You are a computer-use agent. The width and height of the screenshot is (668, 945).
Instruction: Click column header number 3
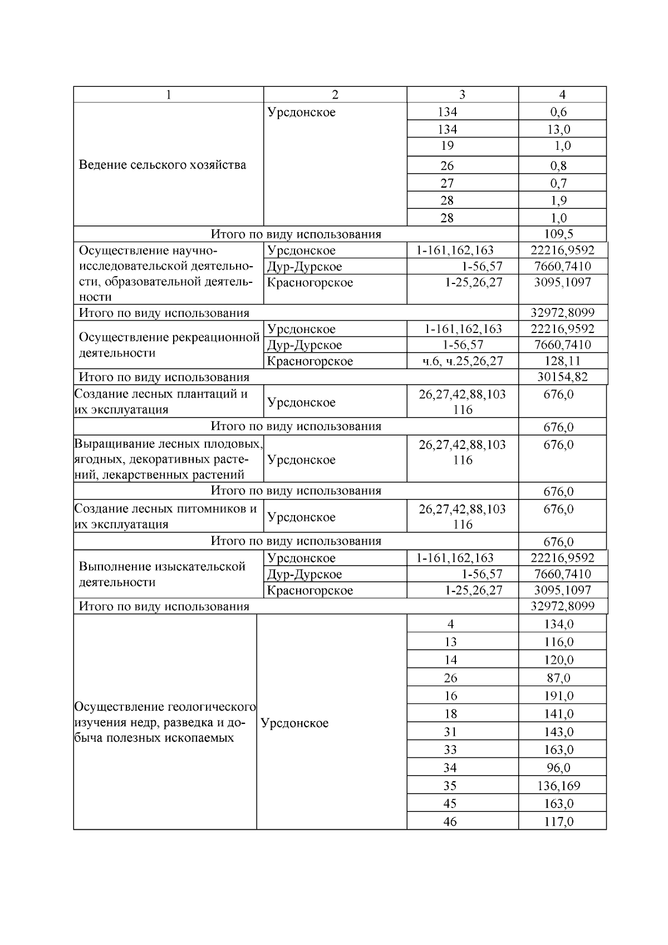click(462, 95)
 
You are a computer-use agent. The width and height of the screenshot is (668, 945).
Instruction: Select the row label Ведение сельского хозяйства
click(162, 165)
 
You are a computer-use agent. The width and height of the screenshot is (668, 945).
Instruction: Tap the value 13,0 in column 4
click(559, 129)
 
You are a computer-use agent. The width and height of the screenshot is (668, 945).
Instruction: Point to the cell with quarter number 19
click(447, 146)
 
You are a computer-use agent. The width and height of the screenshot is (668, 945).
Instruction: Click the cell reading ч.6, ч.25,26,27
click(463, 361)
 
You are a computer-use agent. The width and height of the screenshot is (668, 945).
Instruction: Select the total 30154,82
click(562, 377)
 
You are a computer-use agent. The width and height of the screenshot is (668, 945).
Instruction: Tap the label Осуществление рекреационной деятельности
click(169, 345)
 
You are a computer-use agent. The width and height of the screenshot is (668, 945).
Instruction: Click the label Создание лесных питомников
click(165, 516)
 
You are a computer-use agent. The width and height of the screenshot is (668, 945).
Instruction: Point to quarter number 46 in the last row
click(450, 821)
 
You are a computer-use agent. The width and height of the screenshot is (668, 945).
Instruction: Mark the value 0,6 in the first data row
click(559, 112)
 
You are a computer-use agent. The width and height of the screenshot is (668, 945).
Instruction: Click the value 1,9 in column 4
click(559, 200)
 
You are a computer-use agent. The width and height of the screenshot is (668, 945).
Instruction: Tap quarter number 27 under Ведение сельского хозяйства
click(447, 183)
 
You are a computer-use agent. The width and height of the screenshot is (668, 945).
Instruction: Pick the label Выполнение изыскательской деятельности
click(162, 574)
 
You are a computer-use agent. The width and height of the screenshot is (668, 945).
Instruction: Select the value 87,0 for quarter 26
click(559, 678)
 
